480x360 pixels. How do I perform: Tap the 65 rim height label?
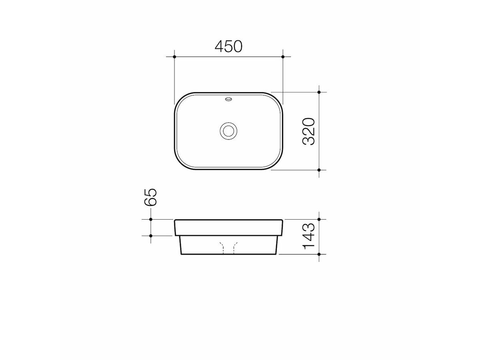[151, 198]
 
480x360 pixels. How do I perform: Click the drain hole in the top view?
[229, 131]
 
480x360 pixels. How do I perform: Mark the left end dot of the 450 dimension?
[175, 57]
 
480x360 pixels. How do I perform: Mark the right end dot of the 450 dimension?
[283, 57]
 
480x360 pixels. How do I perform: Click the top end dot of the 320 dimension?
[319, 92]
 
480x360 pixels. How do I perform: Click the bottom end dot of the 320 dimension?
[319, 170]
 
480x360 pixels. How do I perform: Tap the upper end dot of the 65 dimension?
[150, 220]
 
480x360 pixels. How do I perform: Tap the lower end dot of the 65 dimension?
[150, 236]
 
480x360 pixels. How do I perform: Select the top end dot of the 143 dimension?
[319, 220]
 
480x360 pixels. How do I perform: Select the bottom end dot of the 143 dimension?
[319, 254]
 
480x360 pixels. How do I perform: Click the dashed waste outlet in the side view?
[229, 248]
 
